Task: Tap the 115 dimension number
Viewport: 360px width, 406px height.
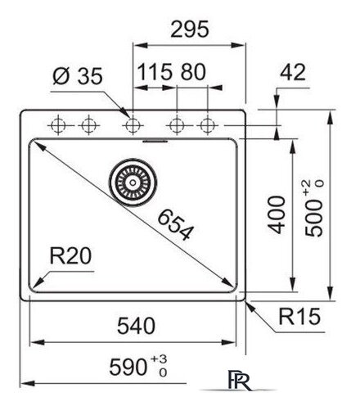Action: pyautogui.click(x=152, y=72)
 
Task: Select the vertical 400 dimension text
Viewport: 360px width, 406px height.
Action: pyautogui.click(x=278, y=214)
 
